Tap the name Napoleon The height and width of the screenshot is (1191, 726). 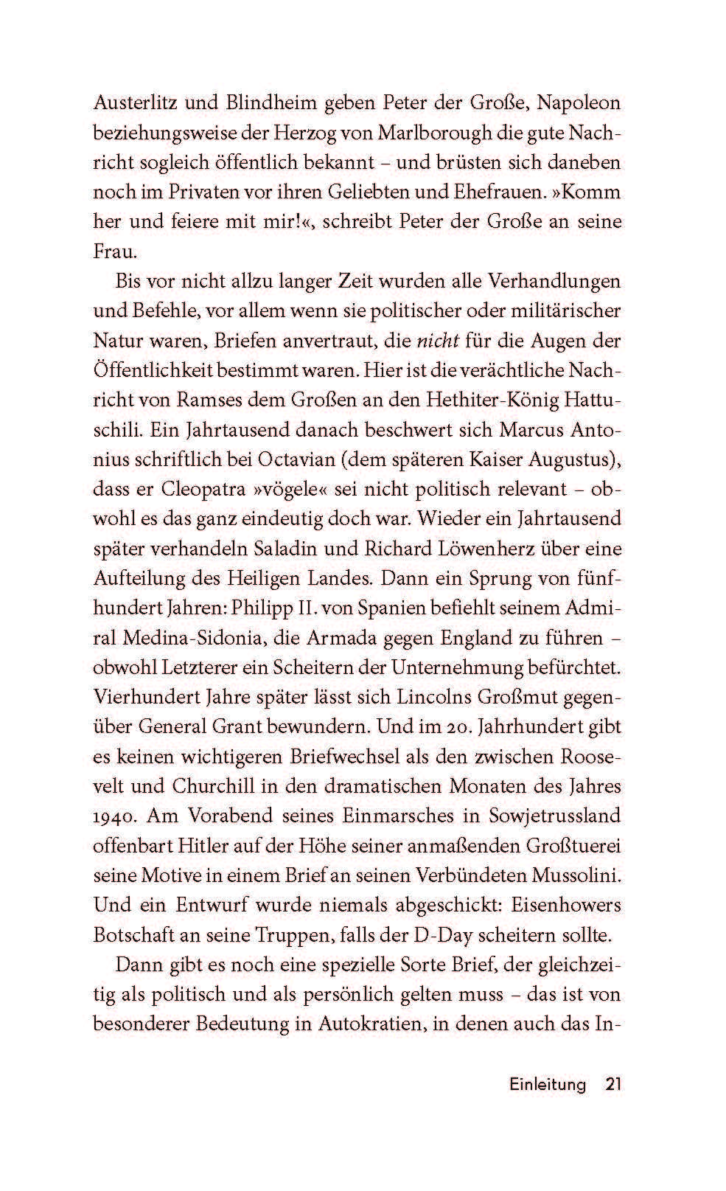(579, 103)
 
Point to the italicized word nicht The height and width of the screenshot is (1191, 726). (439, 340)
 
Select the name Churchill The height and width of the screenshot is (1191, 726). (215, 785)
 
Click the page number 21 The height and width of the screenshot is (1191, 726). (613, 1084)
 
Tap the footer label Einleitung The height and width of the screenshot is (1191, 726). (548, 1084)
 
